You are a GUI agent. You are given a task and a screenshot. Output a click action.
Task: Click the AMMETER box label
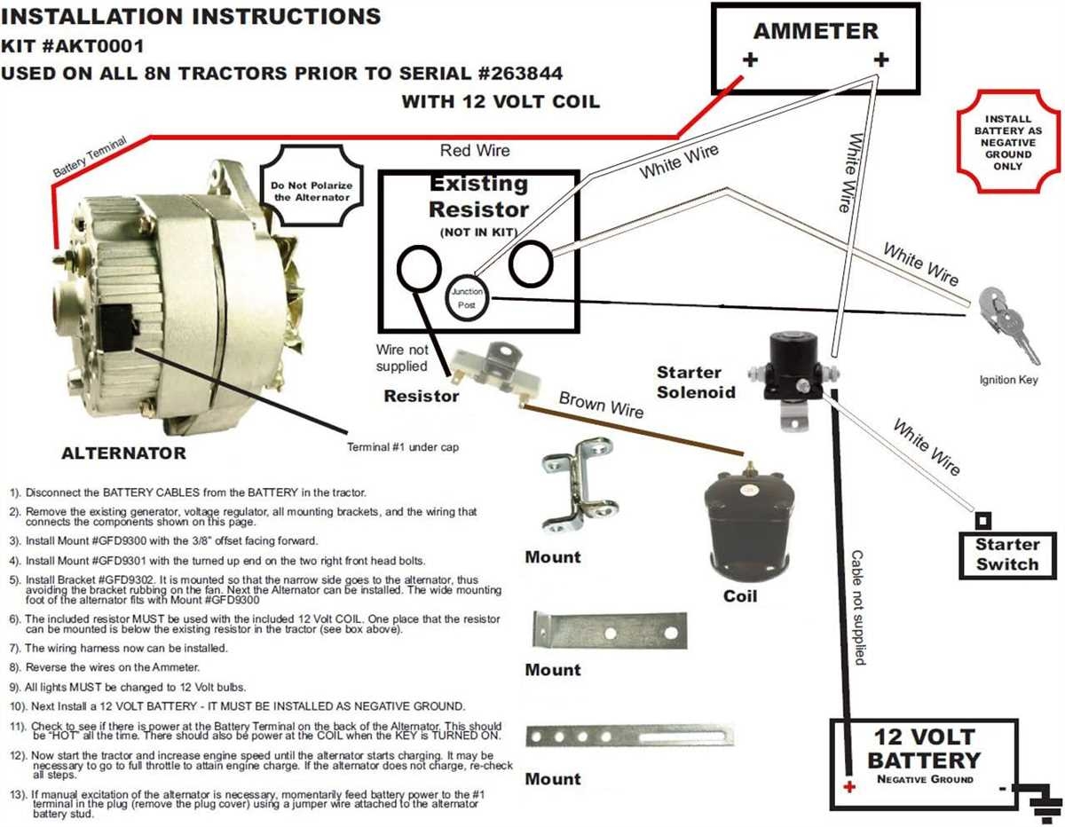[815, 31]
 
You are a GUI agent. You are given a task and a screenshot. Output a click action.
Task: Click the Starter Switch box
[1006, 555]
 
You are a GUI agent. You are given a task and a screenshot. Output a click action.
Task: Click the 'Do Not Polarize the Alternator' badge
[312, 192]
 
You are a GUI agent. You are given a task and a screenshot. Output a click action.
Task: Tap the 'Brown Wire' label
[601, 406]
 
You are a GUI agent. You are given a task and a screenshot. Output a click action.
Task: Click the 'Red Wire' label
[475, 151]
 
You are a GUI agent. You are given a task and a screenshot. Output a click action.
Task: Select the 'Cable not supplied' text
[857, 607]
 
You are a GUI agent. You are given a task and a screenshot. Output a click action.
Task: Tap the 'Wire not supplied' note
[401, 358]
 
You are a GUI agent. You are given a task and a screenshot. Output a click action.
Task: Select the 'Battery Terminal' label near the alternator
[90, 156]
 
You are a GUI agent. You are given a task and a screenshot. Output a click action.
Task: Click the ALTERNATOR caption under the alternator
[123, 453]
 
